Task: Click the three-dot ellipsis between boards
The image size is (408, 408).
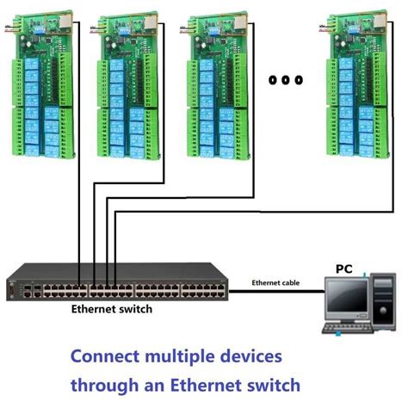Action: click(286, 80)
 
